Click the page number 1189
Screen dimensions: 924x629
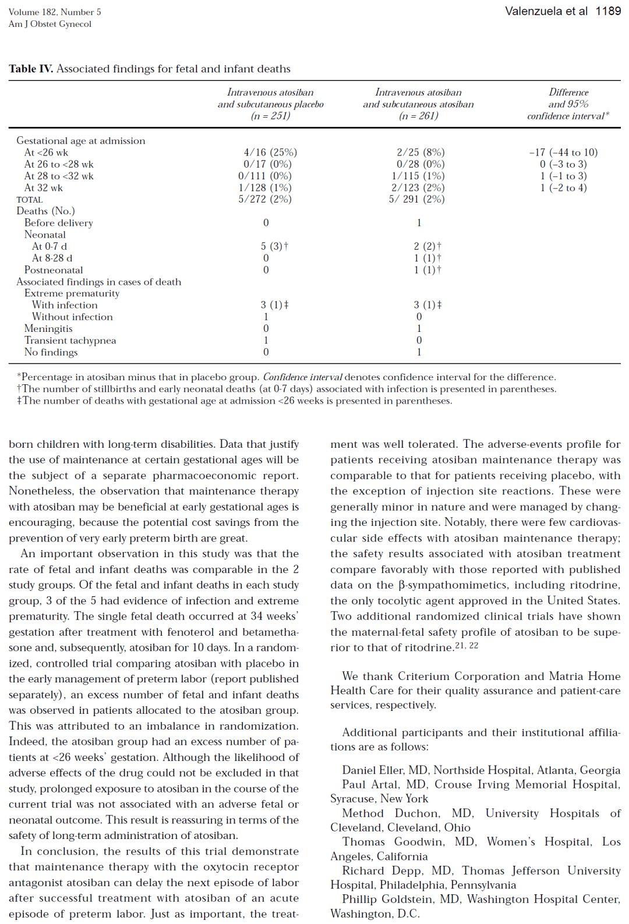coord(608,11)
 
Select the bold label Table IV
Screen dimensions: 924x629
coord(31,69)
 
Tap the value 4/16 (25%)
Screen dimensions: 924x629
coord(270,152)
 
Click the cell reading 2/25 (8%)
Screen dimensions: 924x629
coord(420,152)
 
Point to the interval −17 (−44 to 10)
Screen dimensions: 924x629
coord(563,152)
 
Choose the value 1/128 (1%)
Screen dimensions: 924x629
coord(265,187)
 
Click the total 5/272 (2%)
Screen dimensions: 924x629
coord(265,199)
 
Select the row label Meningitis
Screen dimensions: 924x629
coord(48,328)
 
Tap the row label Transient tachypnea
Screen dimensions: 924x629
coord(70,340)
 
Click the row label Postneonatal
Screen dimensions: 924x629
coord(54,270)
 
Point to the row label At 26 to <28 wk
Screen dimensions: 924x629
coord(59,164)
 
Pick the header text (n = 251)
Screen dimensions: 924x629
coord(270,116)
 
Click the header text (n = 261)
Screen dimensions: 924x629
coord(418,116)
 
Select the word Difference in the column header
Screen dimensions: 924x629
coord(568,92)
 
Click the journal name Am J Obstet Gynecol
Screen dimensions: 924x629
coord(50,24)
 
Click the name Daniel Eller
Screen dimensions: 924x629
coord(373,770)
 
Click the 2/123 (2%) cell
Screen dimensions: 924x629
coord(418,187)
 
